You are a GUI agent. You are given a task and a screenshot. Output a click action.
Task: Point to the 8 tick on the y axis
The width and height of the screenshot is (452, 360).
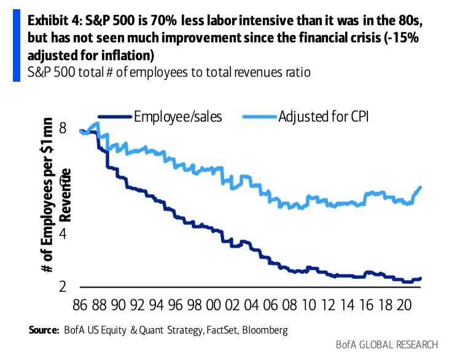[63, 128]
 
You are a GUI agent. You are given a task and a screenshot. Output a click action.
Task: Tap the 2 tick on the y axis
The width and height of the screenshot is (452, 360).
[63, 287]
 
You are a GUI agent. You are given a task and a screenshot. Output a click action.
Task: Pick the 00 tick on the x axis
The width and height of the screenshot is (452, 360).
[214, 304]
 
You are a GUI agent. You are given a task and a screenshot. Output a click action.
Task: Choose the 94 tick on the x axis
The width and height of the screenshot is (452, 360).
[158, 304]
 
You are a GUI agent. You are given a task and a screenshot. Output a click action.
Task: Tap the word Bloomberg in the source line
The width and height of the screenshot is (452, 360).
[263, 331]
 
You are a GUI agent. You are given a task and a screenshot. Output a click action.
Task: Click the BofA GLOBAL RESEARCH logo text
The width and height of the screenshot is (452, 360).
[387, 345]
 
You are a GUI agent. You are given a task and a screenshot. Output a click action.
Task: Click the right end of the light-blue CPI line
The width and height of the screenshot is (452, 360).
[421, 187]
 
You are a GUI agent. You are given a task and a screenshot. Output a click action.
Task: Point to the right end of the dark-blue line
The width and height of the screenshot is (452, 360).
[421, 278]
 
